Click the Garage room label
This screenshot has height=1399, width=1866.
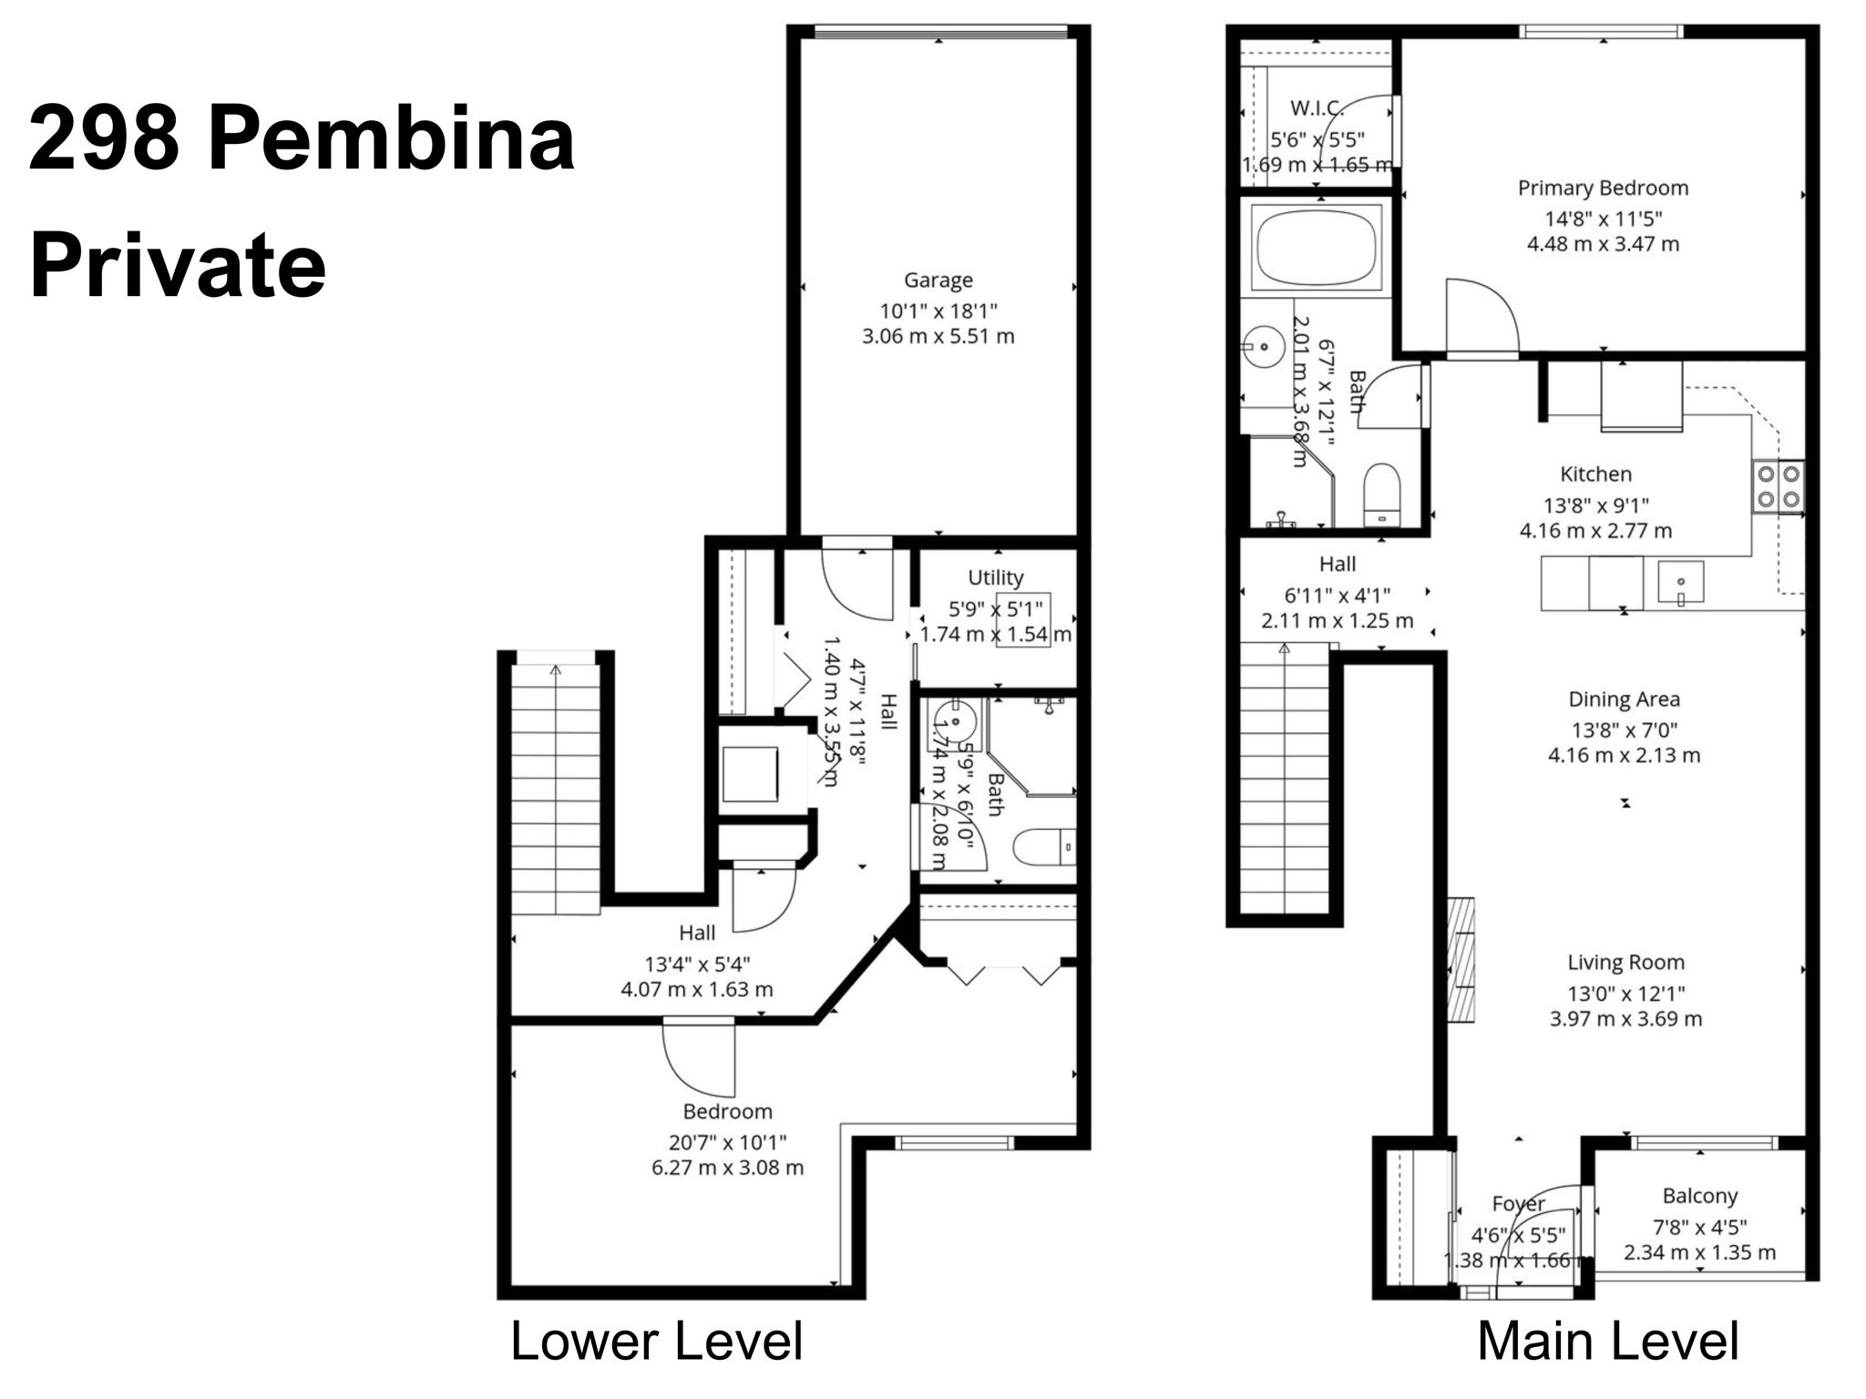pos(938,281)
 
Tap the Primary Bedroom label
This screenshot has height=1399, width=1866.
pos(1603,189)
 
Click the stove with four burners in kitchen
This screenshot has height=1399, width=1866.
pos(1778,485)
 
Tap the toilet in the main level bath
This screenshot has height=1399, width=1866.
pos(1381,495)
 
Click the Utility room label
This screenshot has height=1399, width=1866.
pos(995,577)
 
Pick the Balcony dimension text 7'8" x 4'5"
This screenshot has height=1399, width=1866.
pos(1699,1226)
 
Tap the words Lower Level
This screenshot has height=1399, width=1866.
pos(656,1342)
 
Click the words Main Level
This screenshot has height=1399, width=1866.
pos(1607,1342)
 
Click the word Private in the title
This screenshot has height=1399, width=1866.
pos(178,266)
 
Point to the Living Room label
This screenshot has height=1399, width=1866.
pos(1625,963)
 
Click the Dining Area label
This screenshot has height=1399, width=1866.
pos(1624,699)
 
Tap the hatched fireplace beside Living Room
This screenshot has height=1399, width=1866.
pos(1461,959)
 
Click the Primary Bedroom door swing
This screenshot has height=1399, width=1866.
pos(1480,316)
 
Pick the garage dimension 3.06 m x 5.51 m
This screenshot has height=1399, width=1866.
pos(938,336)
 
